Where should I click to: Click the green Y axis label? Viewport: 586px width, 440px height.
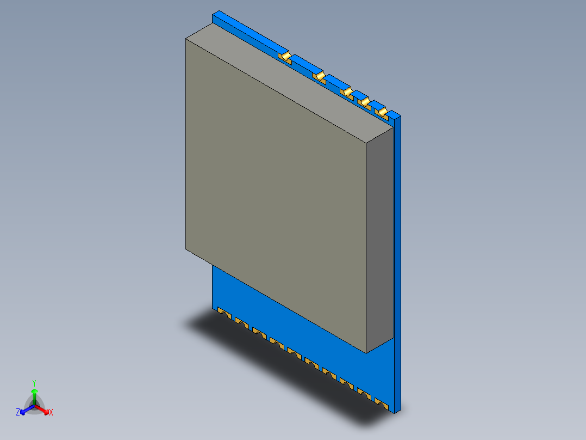pos(34,383)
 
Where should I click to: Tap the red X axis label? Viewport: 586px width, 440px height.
pos(51,412)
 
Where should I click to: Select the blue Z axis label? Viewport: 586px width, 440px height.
pos(18,412)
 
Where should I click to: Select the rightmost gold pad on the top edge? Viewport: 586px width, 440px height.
pos(383,112)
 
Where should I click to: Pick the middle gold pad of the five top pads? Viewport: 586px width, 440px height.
pos(347,91)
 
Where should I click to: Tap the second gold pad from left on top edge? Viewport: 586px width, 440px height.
pos(320,76)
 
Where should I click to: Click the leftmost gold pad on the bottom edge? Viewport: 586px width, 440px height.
pos(222,313)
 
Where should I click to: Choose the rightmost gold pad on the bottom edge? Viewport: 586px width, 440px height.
pos(382,404)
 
